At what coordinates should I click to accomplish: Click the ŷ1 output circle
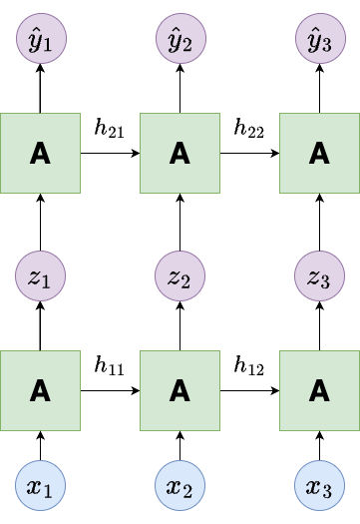41,39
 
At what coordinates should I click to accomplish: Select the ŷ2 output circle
180,39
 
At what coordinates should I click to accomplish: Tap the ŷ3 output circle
320,39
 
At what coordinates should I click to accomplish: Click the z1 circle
40,276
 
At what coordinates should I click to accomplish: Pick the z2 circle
180,276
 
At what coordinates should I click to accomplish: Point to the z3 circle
319,276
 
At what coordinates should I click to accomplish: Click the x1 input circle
40,485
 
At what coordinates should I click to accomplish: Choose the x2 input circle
180,485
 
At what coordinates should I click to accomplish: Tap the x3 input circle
319,485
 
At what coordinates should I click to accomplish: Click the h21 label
110,128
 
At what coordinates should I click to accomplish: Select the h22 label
249,128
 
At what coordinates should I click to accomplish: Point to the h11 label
110,365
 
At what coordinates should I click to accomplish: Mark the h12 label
249,365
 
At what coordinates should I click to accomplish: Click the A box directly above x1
40,390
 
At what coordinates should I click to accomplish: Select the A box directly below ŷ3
319,153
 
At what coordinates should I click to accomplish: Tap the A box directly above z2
180,153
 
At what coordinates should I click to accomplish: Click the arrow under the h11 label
111,390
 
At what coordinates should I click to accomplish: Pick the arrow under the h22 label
249,153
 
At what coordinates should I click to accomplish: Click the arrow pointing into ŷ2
180,89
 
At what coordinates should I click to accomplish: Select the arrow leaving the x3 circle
319,446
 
